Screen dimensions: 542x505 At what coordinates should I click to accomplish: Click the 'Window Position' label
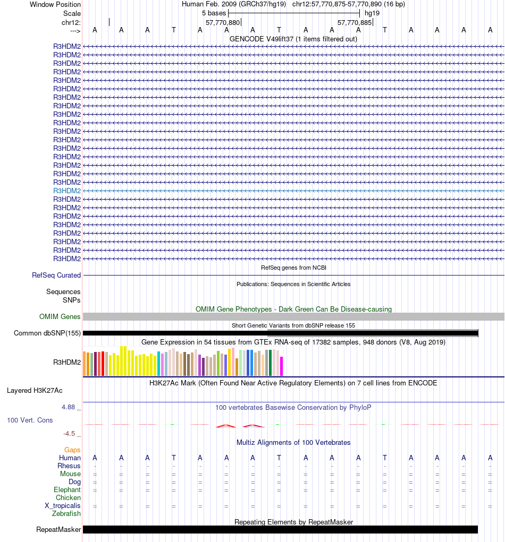(55, 4)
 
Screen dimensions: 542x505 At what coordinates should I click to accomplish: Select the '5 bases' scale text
(214, 13)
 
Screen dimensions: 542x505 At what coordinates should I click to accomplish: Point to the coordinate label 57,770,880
(223, 22)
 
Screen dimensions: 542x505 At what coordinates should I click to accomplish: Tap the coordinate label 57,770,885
(355, 22)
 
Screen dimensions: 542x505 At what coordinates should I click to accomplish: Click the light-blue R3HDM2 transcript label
(67, 191)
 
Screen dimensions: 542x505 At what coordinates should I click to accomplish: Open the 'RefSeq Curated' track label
(56, 275)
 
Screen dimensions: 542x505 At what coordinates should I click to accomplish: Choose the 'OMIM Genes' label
(60, 316)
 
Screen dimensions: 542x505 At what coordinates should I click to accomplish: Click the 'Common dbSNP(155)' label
(47, 333)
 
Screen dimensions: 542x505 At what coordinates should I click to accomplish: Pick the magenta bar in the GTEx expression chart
(281, 366)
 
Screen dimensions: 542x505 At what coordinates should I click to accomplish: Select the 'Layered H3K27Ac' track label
(35, 390)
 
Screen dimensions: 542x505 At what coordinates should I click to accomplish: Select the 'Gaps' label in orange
(72, 450)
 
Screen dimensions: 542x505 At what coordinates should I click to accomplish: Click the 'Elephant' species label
(67, 489)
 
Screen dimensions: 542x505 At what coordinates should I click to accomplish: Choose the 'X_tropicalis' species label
(63, 505)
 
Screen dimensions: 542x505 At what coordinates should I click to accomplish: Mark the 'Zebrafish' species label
(66, 513)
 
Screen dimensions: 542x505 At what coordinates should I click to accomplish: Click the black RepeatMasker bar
(280, 529)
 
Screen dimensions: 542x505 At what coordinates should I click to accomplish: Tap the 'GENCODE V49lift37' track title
(293, 39)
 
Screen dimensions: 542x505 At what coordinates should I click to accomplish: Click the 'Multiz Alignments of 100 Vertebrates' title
(293, 442)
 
